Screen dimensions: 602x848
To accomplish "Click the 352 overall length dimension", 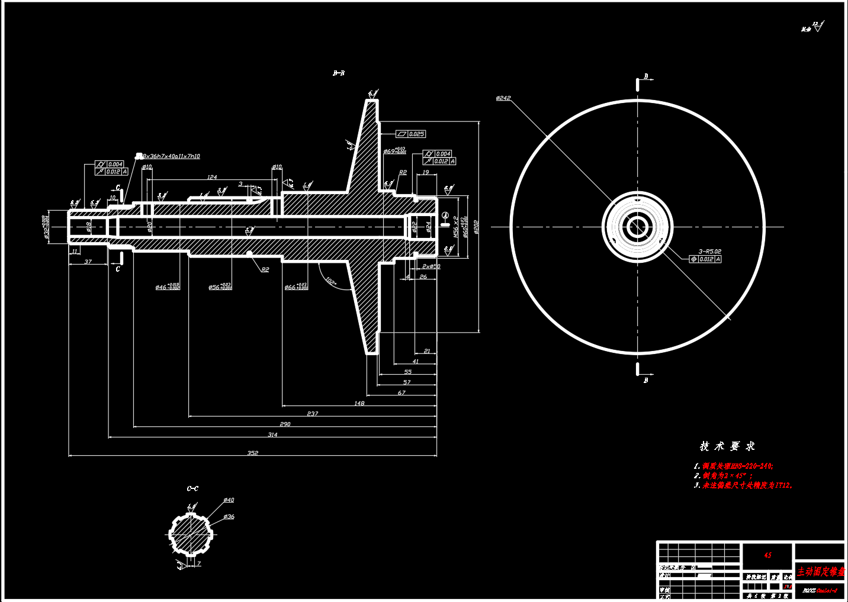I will (x=253, y=453).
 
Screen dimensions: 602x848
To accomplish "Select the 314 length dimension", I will (x=272, y=434).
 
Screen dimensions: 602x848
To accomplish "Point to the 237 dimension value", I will (x=313, y=414).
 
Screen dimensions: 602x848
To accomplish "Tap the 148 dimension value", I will (x=359, y=403).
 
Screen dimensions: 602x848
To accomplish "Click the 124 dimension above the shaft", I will (x=212, y=177).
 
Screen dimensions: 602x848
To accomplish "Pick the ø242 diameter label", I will (x=503, y=98).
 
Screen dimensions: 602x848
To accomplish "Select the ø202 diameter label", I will (x=476, y=227).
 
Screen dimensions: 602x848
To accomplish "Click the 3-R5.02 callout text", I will (x=709, y=252).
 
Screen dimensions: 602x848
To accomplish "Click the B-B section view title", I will (x=339, y=73).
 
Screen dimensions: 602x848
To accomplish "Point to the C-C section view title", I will (x=192, y=489).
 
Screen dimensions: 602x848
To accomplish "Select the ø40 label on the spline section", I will (x=229, y=500).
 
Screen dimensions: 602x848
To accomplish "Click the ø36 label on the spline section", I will (x=229, y=517).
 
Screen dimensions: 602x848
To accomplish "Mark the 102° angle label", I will (x=331, y=281).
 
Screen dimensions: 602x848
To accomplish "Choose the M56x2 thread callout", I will (x=455, y=227).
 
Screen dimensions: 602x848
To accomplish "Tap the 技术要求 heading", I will (x=727, y=446).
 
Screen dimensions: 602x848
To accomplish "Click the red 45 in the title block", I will (x=767, y=555).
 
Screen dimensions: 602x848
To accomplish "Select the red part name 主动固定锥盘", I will (x=820, y=572).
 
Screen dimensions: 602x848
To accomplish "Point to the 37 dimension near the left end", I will (x=88, y=262).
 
